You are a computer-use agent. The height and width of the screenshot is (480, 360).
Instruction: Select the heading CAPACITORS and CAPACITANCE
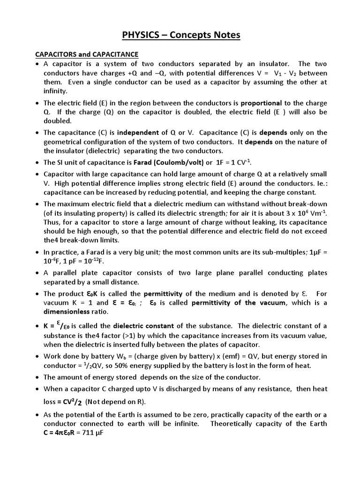point(87,54)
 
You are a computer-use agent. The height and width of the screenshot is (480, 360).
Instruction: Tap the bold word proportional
point(261,103)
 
